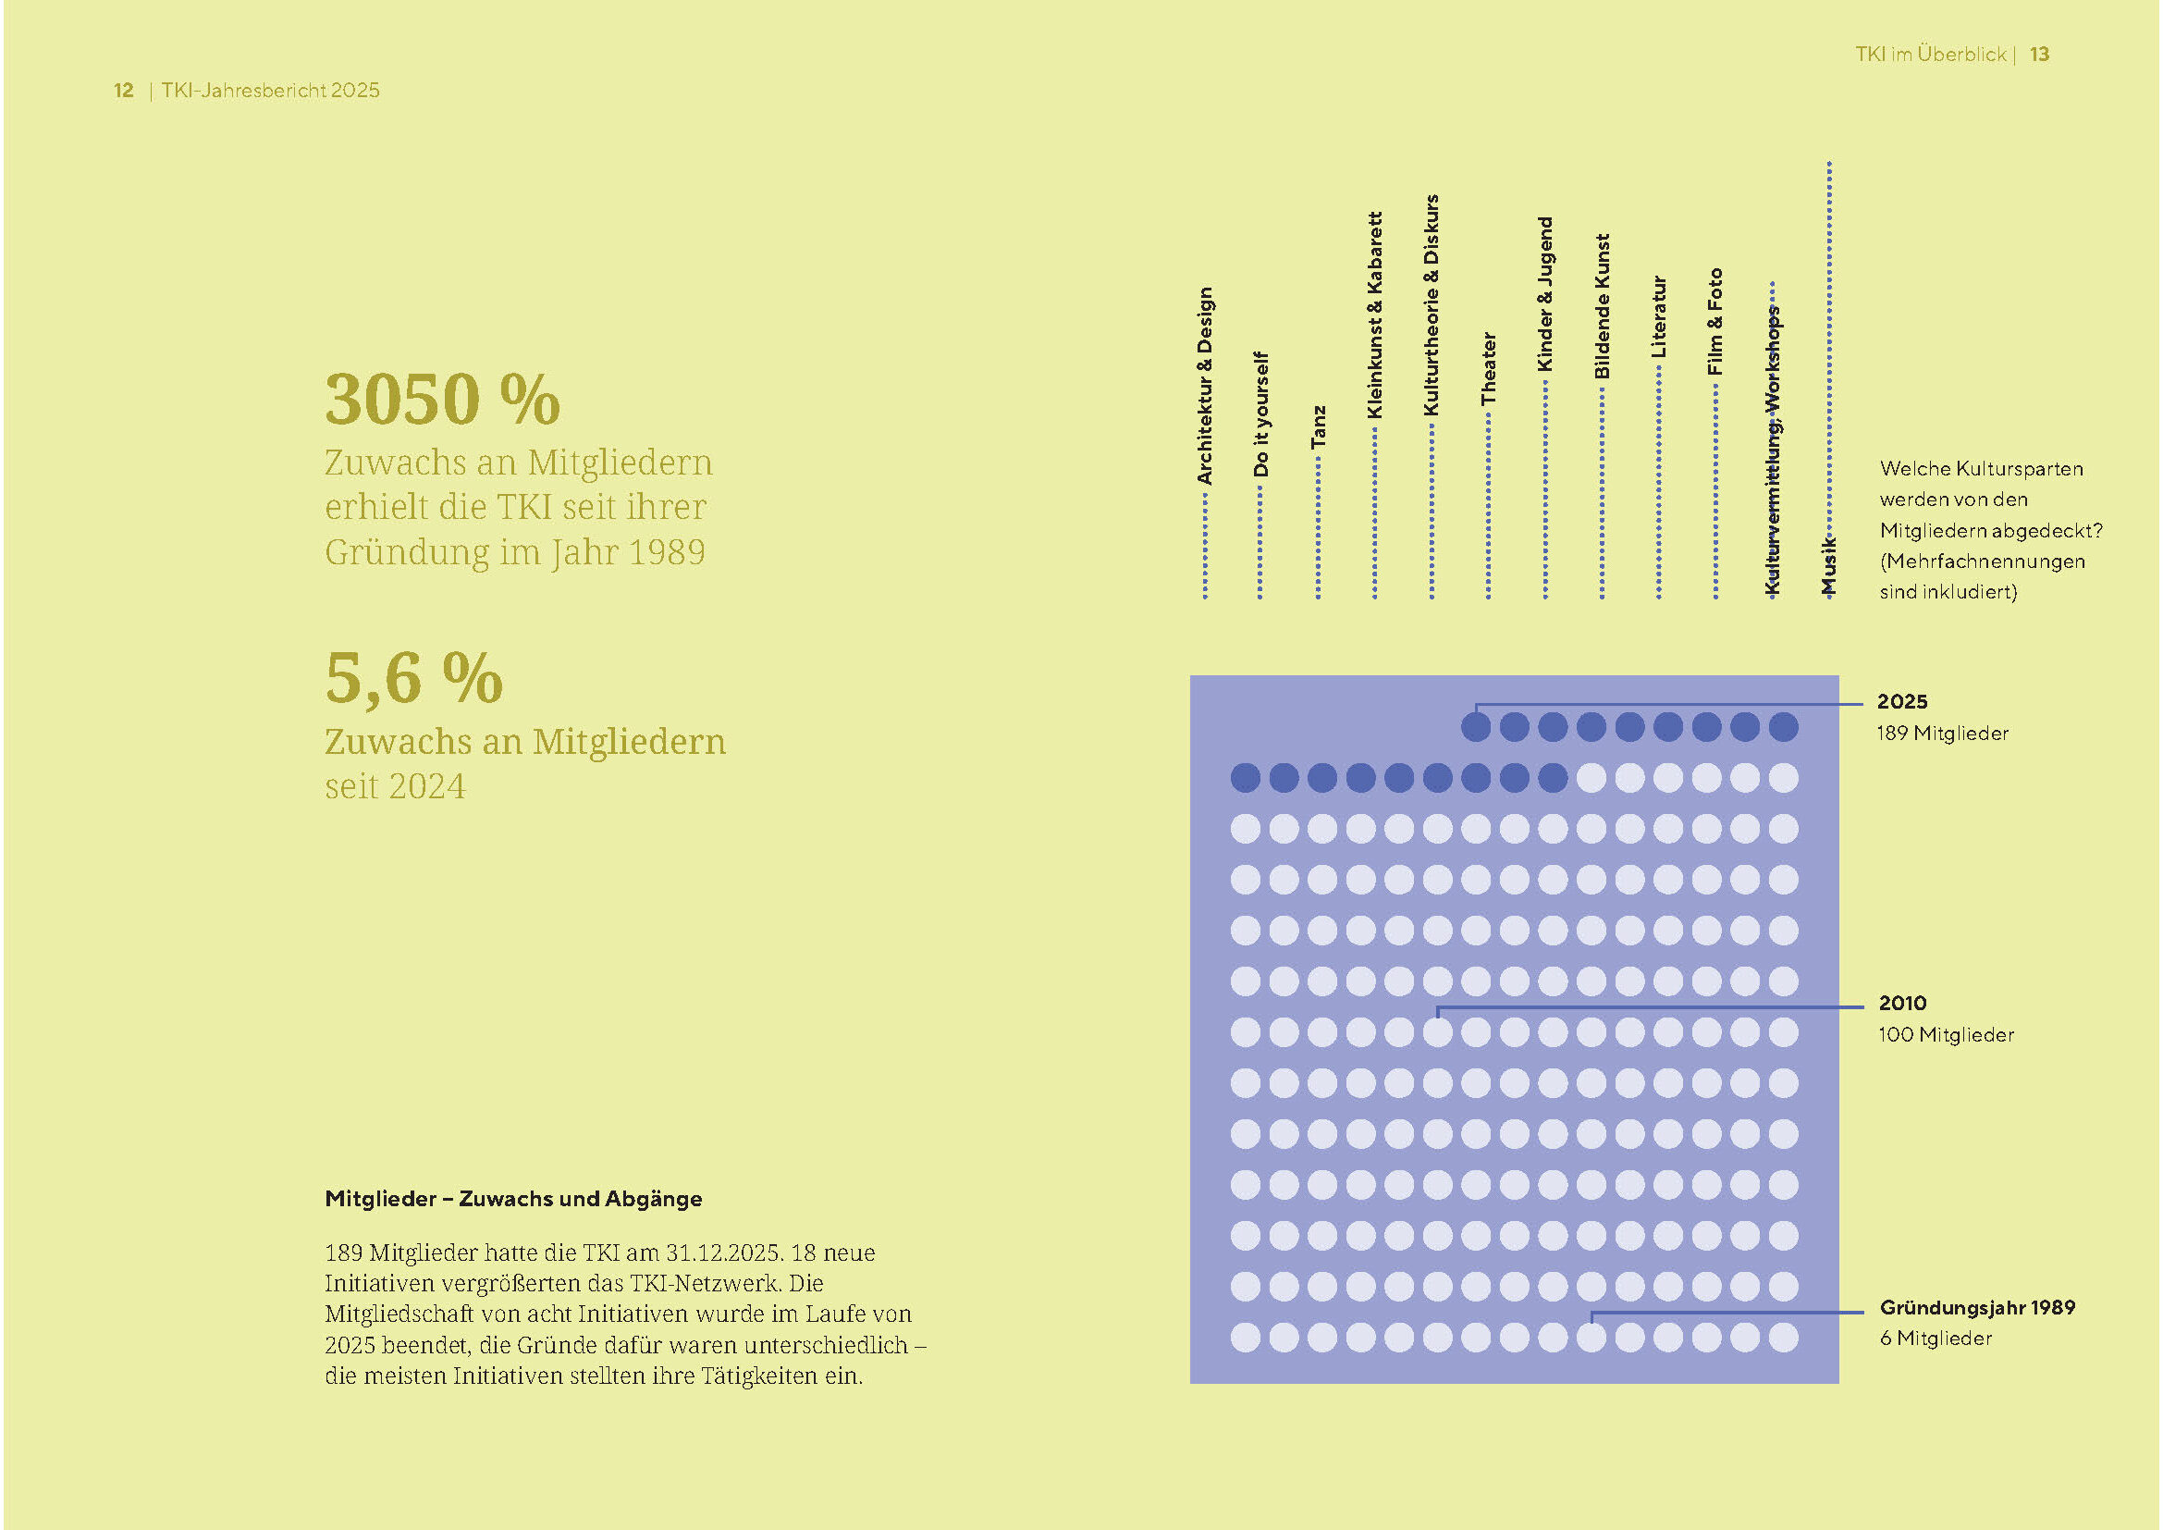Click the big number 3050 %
coord(442,400)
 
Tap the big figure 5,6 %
coord(413,678)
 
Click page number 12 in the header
coord(123,91)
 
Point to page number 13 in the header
coord(2040,55)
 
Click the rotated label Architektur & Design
coord(1205,387)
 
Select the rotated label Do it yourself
coord(1261,414)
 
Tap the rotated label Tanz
coord(1318,426)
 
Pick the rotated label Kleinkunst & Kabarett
coord(1374,315)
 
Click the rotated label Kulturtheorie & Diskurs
coord(1432,305)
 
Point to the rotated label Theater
coord(1489,368)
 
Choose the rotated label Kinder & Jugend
coord(1545,294)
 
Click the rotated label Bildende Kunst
coord(1602,307)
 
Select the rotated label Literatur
coord(1659,316)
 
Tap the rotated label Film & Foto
coord(1715,322)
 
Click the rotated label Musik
coord(1828,565)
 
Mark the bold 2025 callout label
coord(1902,701)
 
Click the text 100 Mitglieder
coord(1946,1034)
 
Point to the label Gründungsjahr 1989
coord(1976,1307)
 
